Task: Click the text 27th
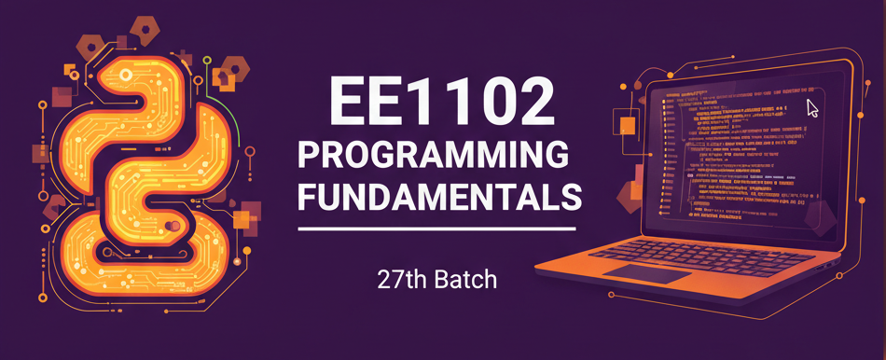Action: pyautogui.click(x=400, y=278)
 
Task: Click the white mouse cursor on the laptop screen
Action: pyautogui.click(x=812, y=107)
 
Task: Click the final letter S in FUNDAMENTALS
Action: pyautogui.click(x=568, y=197)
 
